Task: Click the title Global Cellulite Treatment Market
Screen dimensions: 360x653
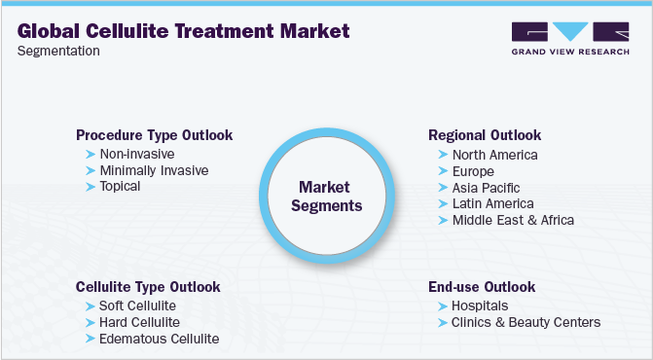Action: (x=183, y=30)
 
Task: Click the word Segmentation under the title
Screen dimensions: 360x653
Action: (x=58, y=51)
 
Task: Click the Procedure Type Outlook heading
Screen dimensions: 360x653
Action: (x=154, y=135)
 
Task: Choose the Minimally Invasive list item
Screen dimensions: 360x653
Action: (x=154, y=170)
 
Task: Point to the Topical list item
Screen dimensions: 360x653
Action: (x=120, y=186)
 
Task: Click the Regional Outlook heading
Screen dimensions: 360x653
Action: (x=485, y=135)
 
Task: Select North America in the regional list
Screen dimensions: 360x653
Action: (x=494, y=155)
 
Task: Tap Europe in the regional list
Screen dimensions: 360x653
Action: (x=474, y=171)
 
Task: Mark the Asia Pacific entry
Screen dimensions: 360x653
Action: (x=486, y=187)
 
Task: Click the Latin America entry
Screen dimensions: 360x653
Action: (x=492, y=203)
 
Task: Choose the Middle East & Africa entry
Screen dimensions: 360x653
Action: (x=513, y=220)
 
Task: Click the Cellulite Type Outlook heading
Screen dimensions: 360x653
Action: (x=148, y=287)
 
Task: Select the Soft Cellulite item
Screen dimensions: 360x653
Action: (x=137, y=306)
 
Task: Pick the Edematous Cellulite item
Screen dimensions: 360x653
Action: (x=159, y=339)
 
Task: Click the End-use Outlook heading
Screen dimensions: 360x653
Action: (x=483, y=287)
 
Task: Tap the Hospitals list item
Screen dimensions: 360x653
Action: (x=480, y=306)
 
